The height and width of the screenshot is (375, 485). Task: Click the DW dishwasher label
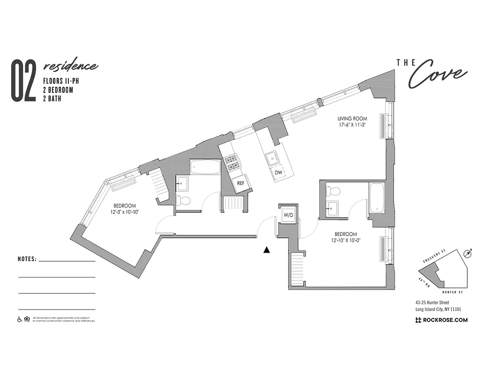click(x=278, y=172)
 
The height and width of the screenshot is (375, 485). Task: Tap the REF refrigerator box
click(x=240, y=183)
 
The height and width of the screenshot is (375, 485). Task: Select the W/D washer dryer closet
click(x=288, y=215)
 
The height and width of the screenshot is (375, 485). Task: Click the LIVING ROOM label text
click(x=352, y=119)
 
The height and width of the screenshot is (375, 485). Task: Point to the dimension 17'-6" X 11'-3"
click(x=352, y=125)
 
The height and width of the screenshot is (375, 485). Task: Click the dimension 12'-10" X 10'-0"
click(x=346, y=240)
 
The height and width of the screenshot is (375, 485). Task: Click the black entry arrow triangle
click(x=267, y=250)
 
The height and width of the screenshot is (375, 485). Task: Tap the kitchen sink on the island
click(x=271, y=158)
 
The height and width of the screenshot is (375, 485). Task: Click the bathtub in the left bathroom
click(x=205, y=167)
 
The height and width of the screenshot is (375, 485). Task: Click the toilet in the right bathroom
click(x=335, y=191)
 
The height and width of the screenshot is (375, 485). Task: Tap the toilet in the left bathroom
click(x=185, y=201)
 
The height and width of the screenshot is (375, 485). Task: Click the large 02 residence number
click(x=23, y=81)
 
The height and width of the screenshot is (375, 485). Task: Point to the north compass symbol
click(x=467, y=254)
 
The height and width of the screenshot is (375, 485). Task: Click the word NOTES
click(x=27, y=259)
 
